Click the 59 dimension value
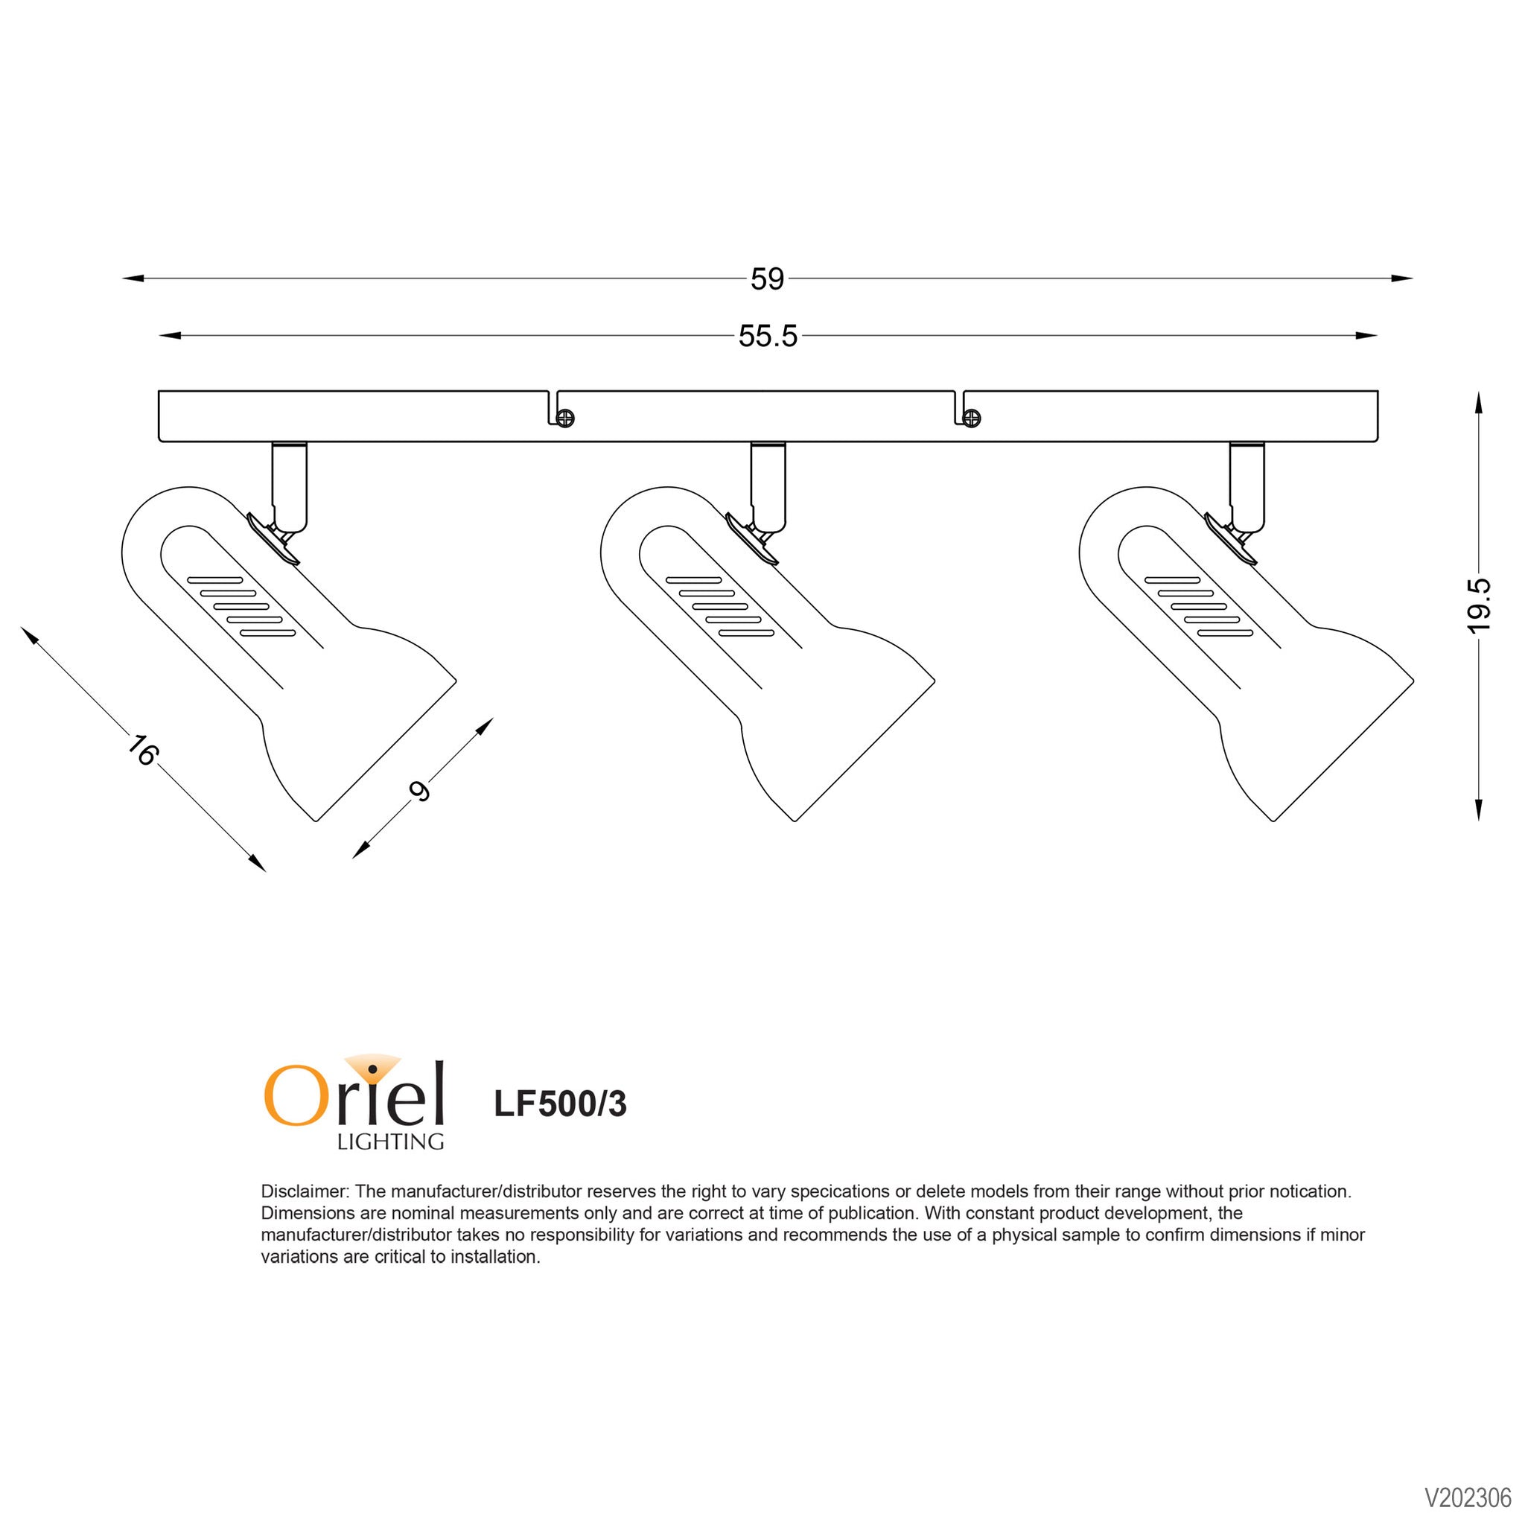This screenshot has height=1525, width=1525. pyautogui.click(x=767, y=279)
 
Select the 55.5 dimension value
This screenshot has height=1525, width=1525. pyautogui.click(x=768, y=337)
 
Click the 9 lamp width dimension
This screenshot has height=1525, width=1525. pyautogui.click(x=420, y=791)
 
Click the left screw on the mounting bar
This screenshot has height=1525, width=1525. pyautogui.click(x=565, y=418)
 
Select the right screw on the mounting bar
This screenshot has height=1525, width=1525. pyautogui.click(x=972, y=418)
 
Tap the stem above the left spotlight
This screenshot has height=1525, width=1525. pyautogui.click(x=290, y=486)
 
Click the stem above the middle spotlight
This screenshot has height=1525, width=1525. pyautogui.click(x=768, y=486)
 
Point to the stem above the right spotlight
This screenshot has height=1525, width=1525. pyautogui.click(x=1247, y=486)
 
